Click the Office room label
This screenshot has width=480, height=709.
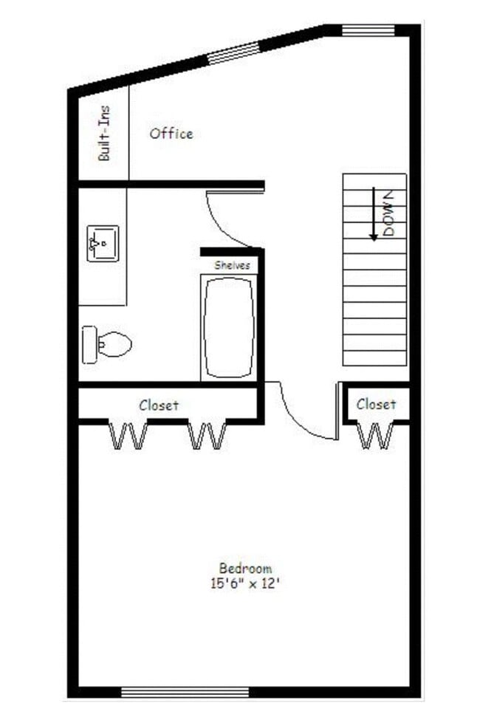tap(171, 134)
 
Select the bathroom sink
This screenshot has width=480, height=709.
tap(103, 243)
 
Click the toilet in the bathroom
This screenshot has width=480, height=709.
tap(107, 344)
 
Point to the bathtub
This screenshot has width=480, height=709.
tap(230, 328)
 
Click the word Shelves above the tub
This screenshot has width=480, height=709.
tap(232, 264)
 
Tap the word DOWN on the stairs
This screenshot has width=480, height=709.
tap(391, 213)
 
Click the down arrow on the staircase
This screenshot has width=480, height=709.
tap(374, 214)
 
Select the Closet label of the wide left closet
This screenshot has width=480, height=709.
tap(159, 405)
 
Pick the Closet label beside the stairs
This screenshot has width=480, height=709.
tap(376, 404)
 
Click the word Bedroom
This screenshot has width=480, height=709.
tap(245, 568)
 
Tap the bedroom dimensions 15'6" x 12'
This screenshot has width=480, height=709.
tap(245, 583)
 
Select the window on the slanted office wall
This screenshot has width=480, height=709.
tap(233, 52)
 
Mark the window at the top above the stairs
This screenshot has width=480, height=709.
tap(368, 30)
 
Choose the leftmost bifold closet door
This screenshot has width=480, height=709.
tap(128, 435)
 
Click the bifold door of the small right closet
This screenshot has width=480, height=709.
tap(375, 435)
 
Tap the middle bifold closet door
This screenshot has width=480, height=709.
tap(207, 435)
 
